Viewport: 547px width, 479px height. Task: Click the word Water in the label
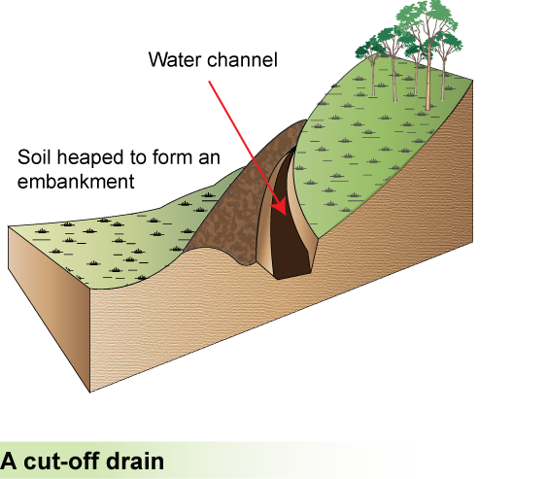click(176, 59)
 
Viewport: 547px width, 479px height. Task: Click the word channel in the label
click(243, 59)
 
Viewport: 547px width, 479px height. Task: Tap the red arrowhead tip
click(286, 216)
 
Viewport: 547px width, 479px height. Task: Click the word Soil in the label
click(35, 157)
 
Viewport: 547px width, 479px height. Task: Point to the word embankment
click(76, 182)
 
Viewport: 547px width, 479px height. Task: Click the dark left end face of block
click(49, 300)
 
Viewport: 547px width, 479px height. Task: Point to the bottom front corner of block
click(90, 393)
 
